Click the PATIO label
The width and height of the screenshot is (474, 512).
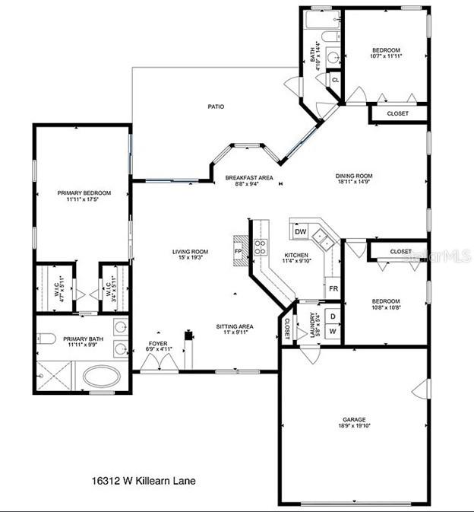(x=216, y=107)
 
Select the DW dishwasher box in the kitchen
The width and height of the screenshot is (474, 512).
(x=301, y=231)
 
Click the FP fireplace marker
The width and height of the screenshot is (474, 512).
(x=238, y=251)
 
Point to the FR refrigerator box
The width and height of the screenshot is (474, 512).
(x=333, y=289)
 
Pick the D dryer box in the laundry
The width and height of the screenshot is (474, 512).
(x=333, y=315)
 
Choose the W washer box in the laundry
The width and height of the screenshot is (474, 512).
(x=333, y=331)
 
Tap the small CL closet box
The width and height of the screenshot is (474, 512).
(x=335, y=79)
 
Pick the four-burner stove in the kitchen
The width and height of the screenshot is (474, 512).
(x=261, y=246)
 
